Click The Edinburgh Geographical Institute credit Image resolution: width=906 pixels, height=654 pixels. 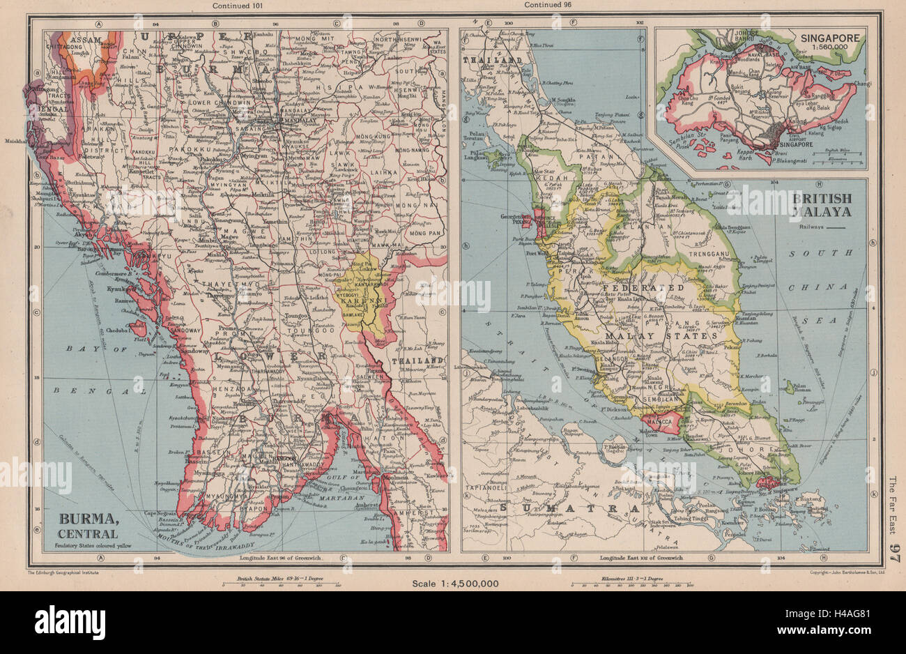(66, 573)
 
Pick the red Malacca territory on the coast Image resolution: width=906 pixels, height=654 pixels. (659, 420)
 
